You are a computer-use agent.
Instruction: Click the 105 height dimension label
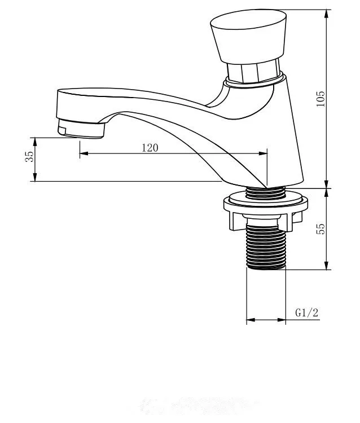tap(321, 99)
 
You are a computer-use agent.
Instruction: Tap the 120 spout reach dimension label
tap(150, 148)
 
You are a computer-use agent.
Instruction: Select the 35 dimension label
tap(29, 156)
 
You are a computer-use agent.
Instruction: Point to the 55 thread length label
tap(321, 229)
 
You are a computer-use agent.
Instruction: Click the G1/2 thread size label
tap(306, 312)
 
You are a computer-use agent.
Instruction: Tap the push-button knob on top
tap(248, 37)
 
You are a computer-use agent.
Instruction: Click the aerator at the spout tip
tap(81, 129)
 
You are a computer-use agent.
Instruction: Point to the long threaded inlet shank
tap(266, 247)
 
